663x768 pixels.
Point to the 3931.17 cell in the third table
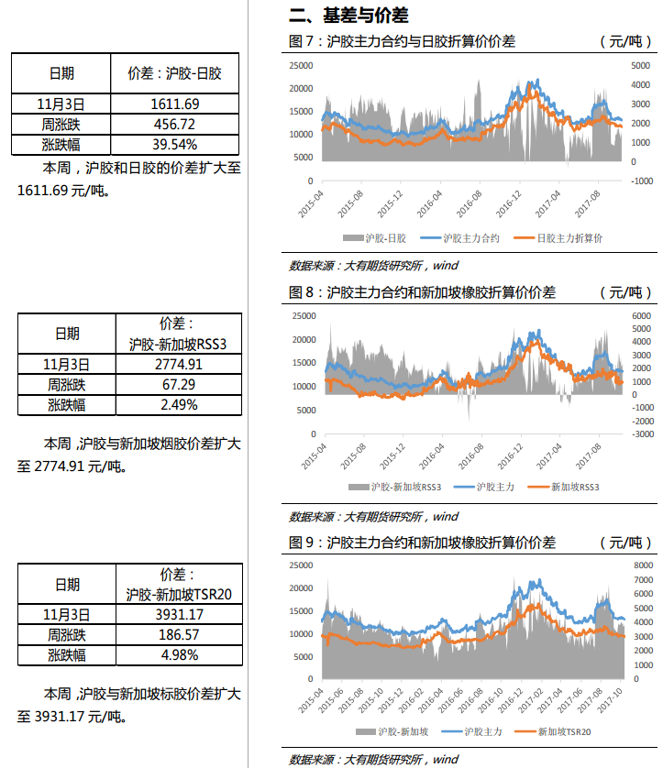(179, 614)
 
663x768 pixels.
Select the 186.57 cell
(179, 634)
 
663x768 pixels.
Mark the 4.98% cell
(179, 654)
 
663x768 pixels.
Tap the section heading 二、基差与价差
(348, 16)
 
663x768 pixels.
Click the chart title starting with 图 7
(403, 41)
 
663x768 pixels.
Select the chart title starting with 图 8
(423, 292)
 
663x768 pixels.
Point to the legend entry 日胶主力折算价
(569, 238)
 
